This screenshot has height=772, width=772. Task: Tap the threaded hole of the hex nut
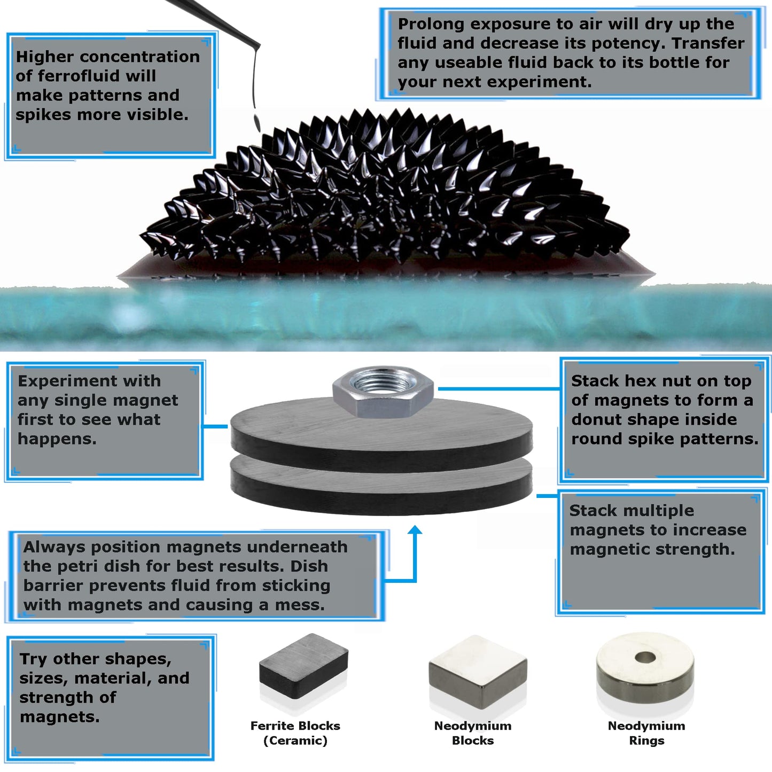coord(383,382)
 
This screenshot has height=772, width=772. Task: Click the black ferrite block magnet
coord(303,666)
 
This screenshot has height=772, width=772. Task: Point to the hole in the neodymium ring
coord(645,657)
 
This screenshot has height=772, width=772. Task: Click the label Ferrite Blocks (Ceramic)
coord(295,733)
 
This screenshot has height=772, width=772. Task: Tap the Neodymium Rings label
coord(646,733)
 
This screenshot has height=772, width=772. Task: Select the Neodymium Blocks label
coord(472,733)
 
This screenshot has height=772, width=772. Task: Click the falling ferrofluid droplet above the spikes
coord(257,121)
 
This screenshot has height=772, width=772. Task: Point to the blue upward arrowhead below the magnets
coord(415,530)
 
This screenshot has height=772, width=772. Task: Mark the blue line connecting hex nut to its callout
coord(497,388)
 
